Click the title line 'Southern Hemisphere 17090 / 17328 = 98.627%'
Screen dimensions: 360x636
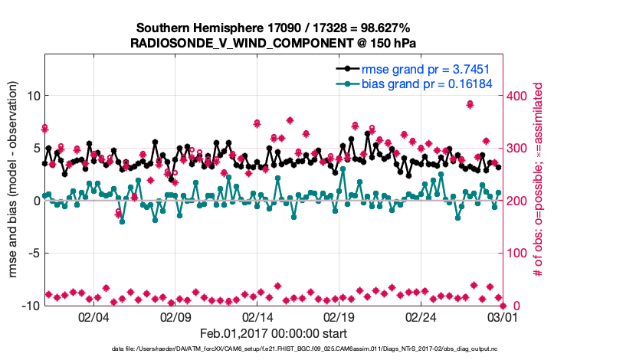(273, 28)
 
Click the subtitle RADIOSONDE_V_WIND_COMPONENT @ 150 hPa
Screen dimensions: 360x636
(273, 43)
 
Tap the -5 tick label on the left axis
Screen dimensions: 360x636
(31, 253)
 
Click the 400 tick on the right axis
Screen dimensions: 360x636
(518, 96)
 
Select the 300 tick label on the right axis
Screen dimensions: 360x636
(518, 148)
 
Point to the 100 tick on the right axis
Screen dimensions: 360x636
(518, 253)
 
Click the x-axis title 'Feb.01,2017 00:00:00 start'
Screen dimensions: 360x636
(273, 334)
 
